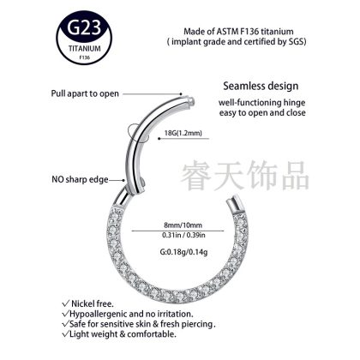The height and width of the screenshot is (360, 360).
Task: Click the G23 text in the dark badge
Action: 85,28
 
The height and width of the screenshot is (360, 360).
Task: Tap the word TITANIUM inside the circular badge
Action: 85,48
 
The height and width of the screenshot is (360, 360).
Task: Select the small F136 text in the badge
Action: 85,57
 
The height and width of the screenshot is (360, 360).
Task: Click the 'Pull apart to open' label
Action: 85,93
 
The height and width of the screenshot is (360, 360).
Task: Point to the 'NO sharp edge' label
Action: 80,179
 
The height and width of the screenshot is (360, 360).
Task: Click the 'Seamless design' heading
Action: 261,86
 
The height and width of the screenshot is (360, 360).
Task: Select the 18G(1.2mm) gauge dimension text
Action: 183,133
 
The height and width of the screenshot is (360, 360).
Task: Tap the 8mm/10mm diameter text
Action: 183,225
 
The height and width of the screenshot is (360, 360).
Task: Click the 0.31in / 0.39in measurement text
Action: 183,235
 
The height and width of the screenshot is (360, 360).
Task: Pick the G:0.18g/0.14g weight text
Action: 183,252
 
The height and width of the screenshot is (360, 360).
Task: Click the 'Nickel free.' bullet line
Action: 88,303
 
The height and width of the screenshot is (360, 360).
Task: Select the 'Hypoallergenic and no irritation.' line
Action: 128,314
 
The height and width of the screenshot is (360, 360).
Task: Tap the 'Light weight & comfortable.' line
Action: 119,334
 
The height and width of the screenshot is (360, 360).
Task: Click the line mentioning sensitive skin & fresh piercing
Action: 139,324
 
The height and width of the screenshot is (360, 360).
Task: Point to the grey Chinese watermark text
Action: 245,176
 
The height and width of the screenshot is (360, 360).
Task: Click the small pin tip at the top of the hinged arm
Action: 192,100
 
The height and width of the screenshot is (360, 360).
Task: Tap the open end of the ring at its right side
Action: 232,203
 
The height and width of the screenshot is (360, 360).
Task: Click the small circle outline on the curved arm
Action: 135,132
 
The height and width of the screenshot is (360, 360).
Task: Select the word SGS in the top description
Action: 297,42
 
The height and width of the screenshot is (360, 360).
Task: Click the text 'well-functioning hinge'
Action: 262,103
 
